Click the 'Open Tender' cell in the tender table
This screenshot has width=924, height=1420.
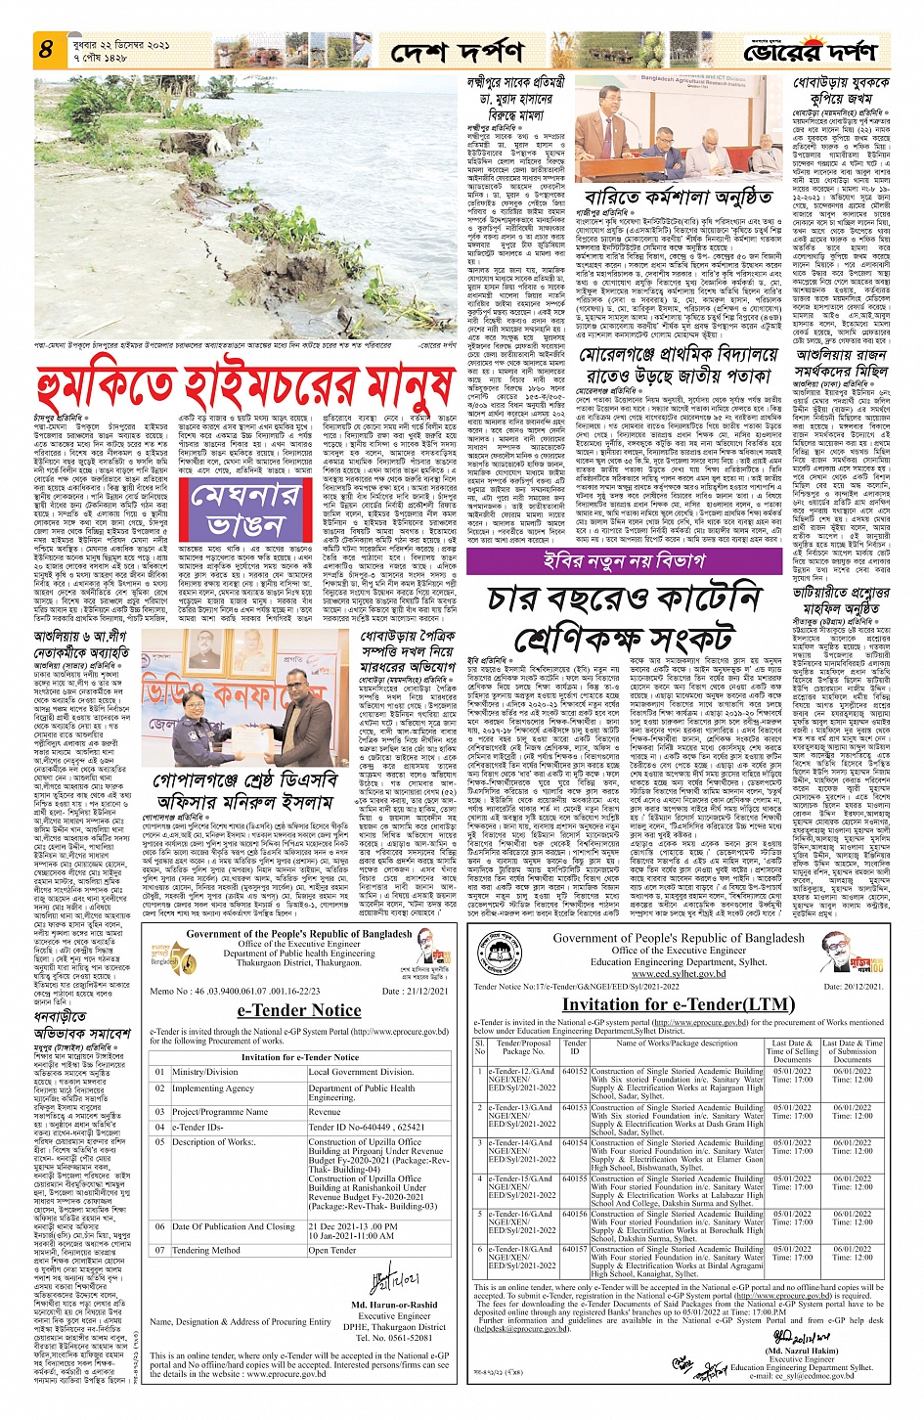pyautogui.click(x=332, y=1250)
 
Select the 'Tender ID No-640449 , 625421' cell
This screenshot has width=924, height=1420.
pyautogui.click(x=366, y=1127)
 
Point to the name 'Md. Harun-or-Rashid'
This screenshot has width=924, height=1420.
pyautogui.click(x=394, y=1305)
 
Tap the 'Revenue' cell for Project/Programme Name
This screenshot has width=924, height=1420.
pyautogui.click(x=325, y=1112)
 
